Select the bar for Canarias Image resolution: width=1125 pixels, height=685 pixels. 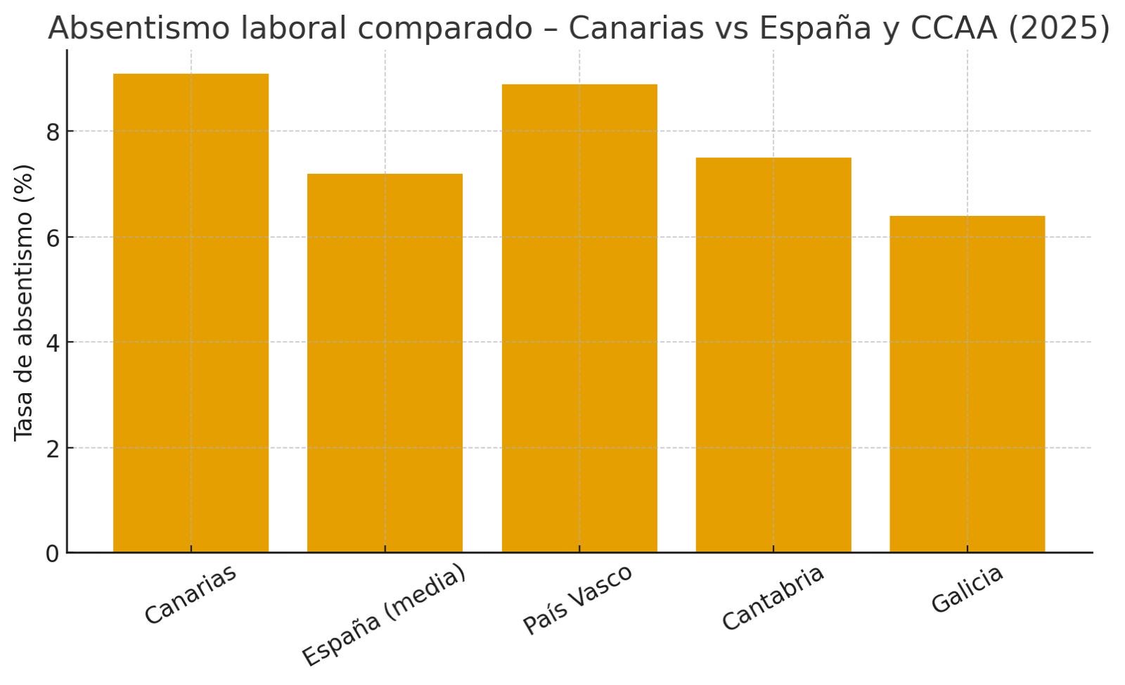tap(191, 313)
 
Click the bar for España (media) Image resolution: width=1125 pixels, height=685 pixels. tap(385, 363)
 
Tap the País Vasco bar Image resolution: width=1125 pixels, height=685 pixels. tap(579, 318)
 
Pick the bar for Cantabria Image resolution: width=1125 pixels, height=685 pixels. tap(773, 355)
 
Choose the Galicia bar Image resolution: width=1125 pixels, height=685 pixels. tap(967, 384)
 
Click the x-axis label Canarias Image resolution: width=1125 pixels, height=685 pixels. tap(191, 594)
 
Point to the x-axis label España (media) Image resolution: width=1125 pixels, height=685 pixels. tap(384, 615)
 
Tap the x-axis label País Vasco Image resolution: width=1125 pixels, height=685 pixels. tap(578, 598)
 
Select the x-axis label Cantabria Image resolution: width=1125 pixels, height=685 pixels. tap(773, 597)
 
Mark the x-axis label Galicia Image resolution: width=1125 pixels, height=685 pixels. tap(967, 589)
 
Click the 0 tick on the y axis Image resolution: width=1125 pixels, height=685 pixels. tap(53, 554)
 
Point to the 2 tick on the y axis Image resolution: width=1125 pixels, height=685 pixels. tap(53, 449)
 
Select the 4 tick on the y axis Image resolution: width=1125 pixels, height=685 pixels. tap(53, 343)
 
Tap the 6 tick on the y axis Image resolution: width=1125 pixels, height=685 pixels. tap(53, 238)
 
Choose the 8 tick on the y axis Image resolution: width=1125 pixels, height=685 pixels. tap(53, 132)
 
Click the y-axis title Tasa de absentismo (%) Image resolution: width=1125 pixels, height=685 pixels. tap(24, 302)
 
